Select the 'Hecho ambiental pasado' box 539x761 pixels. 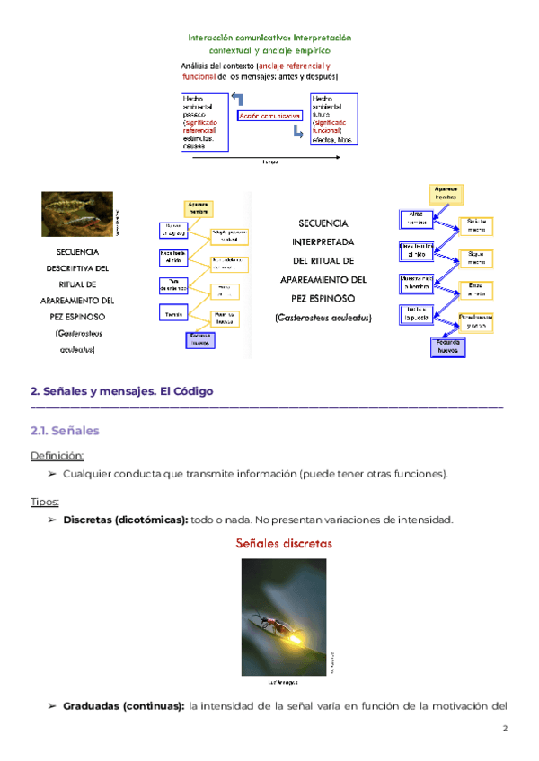coord(204,122)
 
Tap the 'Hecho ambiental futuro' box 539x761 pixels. coord(334,121)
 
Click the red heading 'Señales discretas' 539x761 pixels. coord(284,543)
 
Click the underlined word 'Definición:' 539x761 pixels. coord(57,455)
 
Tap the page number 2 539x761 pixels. coord(505,728)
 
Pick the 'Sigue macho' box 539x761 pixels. coord(475,258)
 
